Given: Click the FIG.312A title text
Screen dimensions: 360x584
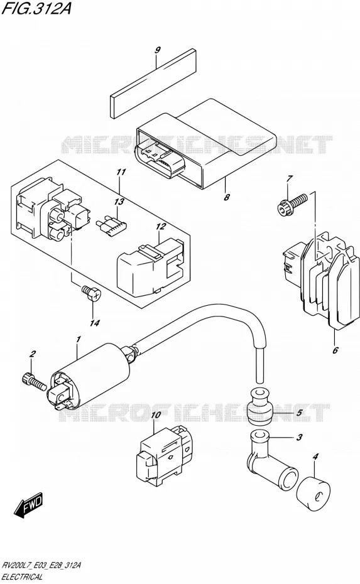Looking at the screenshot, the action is coord(36,8).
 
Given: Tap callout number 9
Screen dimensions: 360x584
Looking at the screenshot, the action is coord(158,50).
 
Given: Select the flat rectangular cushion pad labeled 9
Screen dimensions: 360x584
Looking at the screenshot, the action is coord(153,84).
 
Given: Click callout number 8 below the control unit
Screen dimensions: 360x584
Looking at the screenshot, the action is coord(227,197).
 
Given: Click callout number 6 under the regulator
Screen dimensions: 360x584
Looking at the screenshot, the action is coord(335,350).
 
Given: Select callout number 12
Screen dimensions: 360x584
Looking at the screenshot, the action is coord(161,227).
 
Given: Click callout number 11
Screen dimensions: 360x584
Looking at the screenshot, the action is coord(121,172).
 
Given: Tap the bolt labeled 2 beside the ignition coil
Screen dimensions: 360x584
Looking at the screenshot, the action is coord(34,382).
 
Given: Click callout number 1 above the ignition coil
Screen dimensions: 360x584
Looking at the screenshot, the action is coord(79,339).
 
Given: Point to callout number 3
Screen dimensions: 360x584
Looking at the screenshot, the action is coord(299,437).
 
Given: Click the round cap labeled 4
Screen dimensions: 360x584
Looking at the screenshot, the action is coord(314,494).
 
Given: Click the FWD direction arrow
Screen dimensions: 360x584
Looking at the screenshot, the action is coord(29,505).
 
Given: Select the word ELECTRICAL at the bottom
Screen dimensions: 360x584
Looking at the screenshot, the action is coord(23,577).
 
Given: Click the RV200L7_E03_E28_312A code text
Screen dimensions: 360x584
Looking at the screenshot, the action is coord(41,565).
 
